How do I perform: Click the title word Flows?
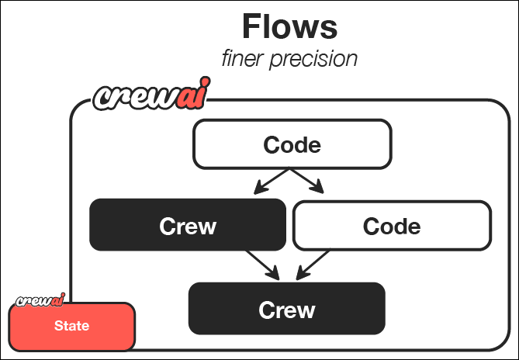click(x=289, y=26)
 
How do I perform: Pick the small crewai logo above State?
click(x=39, y=299)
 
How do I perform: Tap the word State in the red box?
click(x=71, y=326)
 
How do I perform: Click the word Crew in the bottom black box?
click(x=287, y=310)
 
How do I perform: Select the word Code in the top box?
click(x=292, y=145)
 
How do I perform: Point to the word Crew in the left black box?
click(x=188, y=226)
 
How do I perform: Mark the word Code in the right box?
click(x=392, y=227)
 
